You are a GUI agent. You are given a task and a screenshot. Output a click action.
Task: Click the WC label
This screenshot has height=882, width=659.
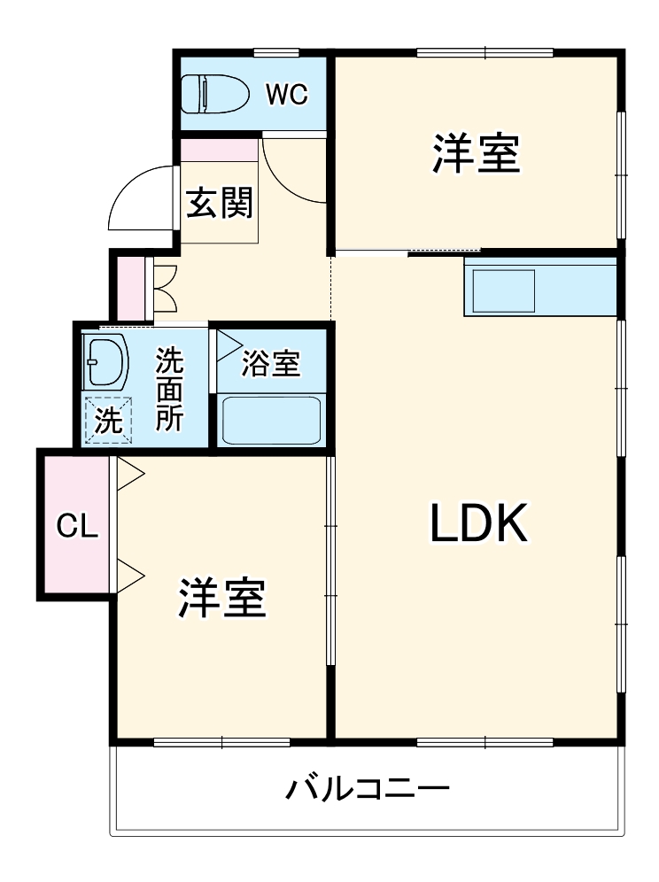[x=287, y=95]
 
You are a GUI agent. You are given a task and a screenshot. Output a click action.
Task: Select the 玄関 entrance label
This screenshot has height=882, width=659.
[x=220, y=204]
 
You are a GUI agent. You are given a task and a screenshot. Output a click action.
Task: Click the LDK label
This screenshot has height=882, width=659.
[x=479, y=523]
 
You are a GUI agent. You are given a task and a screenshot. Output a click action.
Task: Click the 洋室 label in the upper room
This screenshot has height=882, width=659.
[x=476, y=153]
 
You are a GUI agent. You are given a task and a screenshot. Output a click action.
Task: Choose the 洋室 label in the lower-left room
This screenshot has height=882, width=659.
[x=222, y=599]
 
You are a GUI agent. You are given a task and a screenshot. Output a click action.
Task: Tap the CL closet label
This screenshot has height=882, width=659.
[x=76, y=526]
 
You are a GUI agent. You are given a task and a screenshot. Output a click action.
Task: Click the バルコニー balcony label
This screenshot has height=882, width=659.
[x=367, y=787]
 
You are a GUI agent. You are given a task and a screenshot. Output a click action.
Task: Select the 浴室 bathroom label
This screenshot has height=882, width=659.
[x=270, y=364]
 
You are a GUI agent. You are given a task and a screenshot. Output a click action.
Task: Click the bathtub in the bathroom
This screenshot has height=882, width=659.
[x=270, y=420]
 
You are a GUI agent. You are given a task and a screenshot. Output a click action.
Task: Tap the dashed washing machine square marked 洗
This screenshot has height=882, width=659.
[x=108, y=420]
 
